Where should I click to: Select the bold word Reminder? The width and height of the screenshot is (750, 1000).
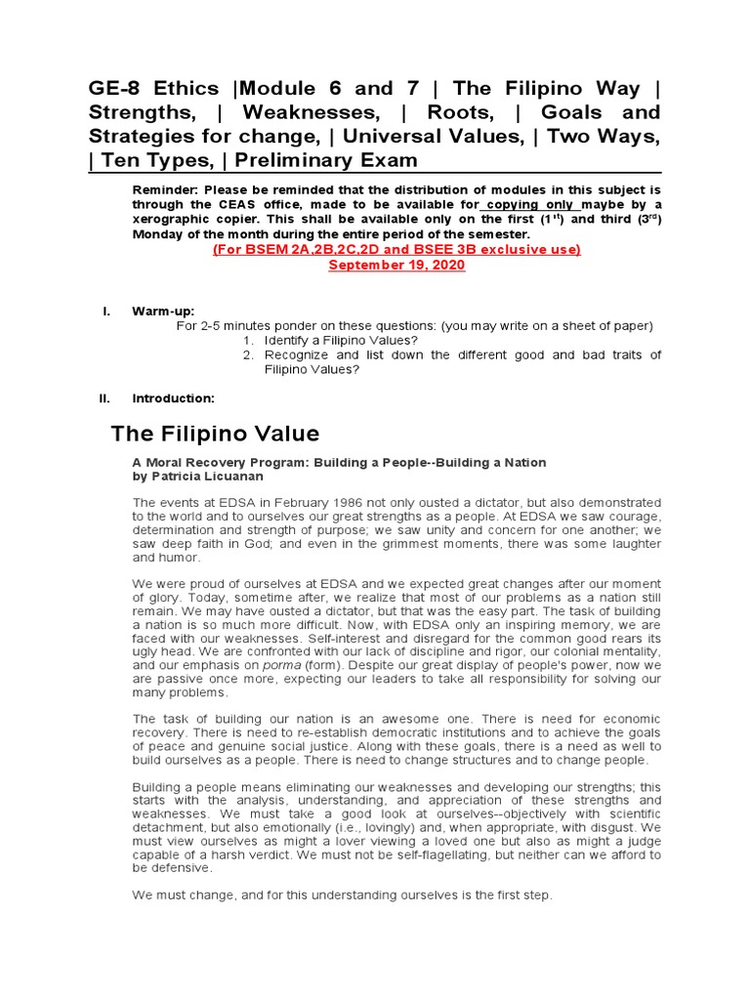165,189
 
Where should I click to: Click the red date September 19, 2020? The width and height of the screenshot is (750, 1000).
396,266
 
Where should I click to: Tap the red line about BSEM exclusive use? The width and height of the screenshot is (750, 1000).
396,250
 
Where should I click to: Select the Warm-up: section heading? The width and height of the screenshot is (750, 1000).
156,311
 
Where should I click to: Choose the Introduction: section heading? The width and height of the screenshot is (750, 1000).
173,398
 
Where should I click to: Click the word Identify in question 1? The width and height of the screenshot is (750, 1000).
289,340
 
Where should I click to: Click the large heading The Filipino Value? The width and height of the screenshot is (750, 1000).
215,433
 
